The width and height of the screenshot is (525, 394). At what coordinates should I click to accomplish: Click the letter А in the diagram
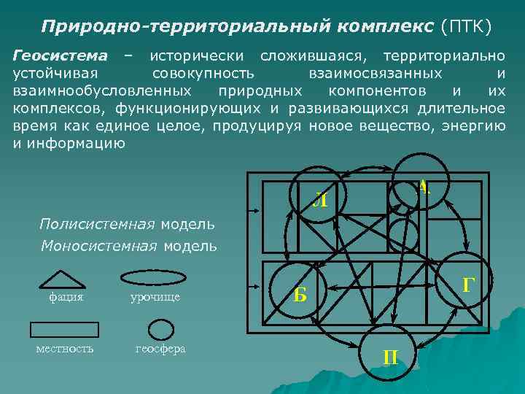click(x=423, y=187)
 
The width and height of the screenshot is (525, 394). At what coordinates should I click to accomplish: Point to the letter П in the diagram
click(x=390, y=357)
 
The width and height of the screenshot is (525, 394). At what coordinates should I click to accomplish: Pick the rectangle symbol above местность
click(x=63, y=329)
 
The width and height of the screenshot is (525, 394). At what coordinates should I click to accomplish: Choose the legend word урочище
click(x=155, y=297)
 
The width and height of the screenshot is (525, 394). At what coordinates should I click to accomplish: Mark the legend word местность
click(x=65, y=349)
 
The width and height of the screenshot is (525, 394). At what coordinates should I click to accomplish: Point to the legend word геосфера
click(x=160, y=349)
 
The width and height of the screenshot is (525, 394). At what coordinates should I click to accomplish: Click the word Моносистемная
click(x=99, y=246)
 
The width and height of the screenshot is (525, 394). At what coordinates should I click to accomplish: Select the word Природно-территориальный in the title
click(x=184, y=26)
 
